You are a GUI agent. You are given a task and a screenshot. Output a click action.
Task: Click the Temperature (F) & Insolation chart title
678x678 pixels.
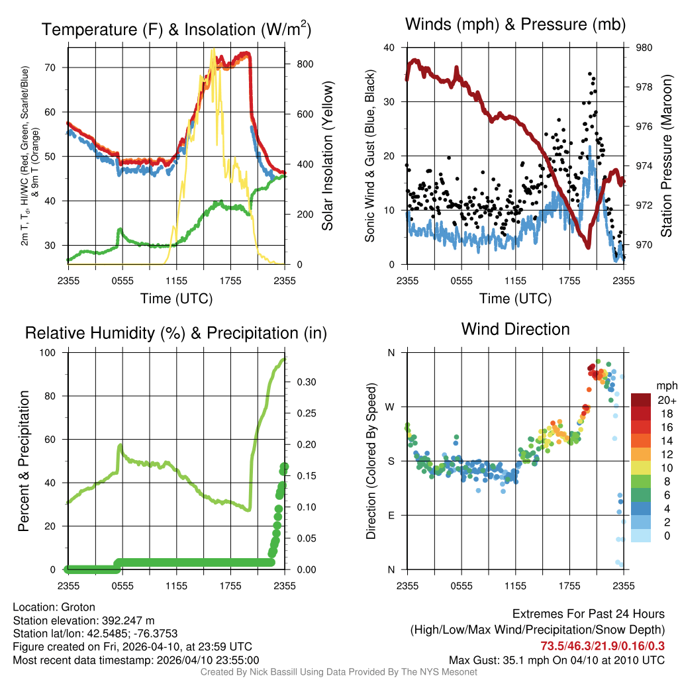point(176,30)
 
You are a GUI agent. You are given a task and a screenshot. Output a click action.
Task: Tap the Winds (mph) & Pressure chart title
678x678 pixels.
point(515,25)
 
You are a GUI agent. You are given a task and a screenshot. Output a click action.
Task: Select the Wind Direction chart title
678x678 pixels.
point(515,329)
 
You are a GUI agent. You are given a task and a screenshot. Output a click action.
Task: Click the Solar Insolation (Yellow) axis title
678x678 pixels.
point(327,156)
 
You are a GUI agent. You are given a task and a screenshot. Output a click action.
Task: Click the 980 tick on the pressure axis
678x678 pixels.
point(644,48)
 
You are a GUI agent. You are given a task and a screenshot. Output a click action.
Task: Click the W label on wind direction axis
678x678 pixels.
point(391,407)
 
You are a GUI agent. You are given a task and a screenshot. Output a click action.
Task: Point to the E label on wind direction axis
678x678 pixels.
point(391,515)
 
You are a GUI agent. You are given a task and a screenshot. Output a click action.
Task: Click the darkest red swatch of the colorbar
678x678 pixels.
point(641,400)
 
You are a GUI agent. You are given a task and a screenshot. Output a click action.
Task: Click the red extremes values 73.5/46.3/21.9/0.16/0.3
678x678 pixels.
point(603,646)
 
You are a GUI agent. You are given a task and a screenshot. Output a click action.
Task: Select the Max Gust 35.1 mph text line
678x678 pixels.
point(556,660)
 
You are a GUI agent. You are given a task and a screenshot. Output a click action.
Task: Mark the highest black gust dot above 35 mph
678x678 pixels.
point(589,74)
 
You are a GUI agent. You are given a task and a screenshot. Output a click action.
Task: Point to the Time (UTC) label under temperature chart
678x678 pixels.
point(176,299)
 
